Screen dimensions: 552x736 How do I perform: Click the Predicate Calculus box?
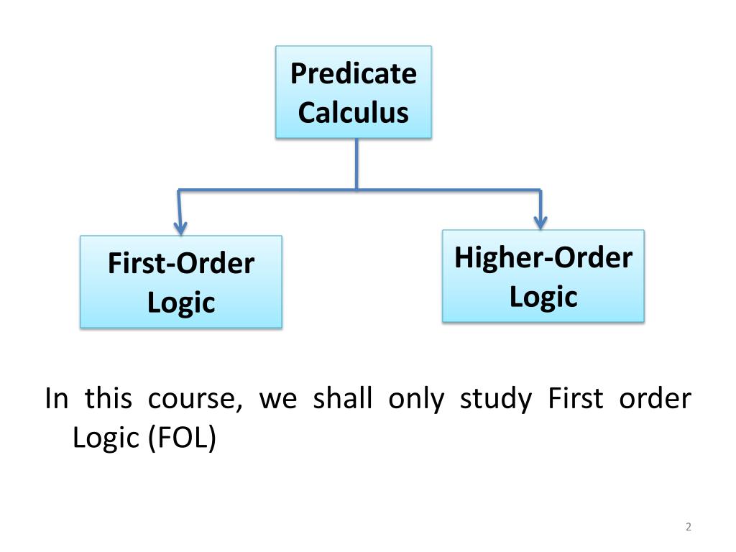[x=354, y=92]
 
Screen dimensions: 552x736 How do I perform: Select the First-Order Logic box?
[x=180, y=282]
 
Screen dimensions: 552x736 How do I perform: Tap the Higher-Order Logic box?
[x=543, y=275]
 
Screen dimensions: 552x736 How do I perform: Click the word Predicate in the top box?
[x=354, y=73]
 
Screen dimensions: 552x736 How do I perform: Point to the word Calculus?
[x=354, y=112]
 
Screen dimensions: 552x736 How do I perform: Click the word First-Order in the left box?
[x=181, y=263]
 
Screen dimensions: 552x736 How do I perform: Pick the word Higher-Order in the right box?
[x=543, y=257]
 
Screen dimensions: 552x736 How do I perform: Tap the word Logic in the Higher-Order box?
[x=543, y=296]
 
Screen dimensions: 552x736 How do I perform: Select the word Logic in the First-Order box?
[x=181, y=302]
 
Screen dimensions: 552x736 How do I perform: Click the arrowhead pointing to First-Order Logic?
[x=180, y=225]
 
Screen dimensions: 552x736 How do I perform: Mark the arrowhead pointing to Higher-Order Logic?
[x=540, y=221]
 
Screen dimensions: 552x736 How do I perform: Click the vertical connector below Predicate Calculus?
[x=356, y=164]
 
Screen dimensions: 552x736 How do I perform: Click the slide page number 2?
[x=688, y=528]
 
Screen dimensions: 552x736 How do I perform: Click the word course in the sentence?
[x=195, y=399]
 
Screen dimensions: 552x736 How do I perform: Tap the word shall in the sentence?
[x=343, y=399]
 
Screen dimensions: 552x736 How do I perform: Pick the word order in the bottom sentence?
[x=655, y=399]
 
